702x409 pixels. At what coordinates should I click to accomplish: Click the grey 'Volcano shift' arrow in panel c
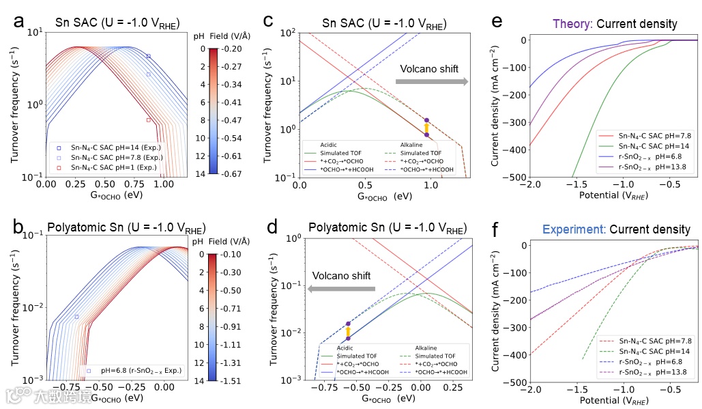[431, 82]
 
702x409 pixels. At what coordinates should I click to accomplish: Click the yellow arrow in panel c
[426, 128]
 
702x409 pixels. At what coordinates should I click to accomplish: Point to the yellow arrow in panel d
[348, 332]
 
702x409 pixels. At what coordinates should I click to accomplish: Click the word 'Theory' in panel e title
[571, 24]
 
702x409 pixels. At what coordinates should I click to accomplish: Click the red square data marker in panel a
[149, 120]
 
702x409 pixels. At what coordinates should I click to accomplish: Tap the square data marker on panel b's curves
[76, 317]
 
